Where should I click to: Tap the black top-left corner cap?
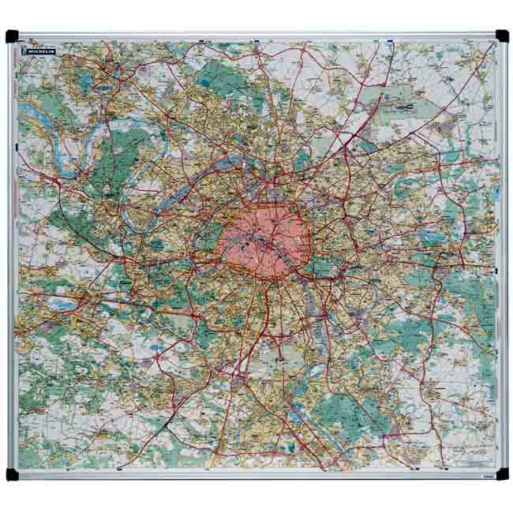pos(11,36)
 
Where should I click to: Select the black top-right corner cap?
pos(502,36)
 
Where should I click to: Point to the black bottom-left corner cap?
pos(11,474)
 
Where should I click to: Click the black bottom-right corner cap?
pos(502,474)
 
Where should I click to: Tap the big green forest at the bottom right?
pos(347,410)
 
